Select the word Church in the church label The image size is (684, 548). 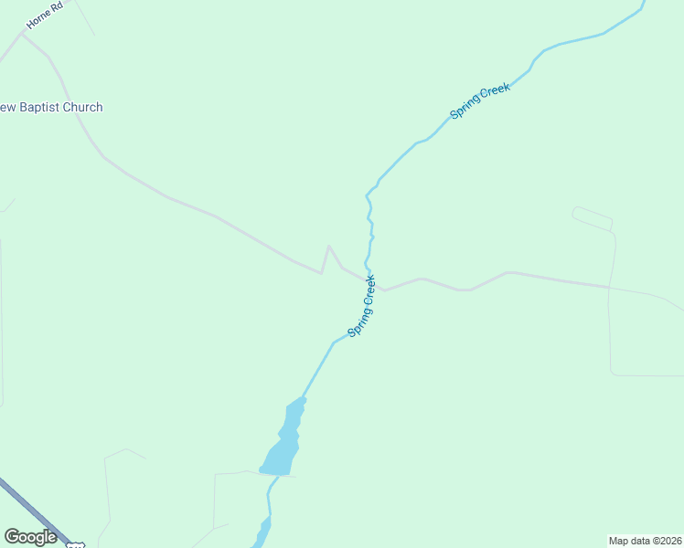click(x=83, y=108)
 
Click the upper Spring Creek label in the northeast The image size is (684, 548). click(x=480, y=101)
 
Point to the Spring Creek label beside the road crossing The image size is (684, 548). click(x=362, y=306)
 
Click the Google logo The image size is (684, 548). click(x=31, y=537)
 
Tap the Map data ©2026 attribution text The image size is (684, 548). click(x=645, y=540)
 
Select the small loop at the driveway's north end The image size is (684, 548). click(x=592, y=217)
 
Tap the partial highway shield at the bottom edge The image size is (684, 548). click(x=76, y=544)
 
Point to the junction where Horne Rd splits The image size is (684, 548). click(x=23, y=34)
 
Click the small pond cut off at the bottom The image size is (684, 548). click(x=263, y=532)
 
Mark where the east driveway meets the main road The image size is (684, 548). click(x=609, y=287)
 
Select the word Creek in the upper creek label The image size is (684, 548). click(x=494, y=92)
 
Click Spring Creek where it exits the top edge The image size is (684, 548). click(x=644, y=3)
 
